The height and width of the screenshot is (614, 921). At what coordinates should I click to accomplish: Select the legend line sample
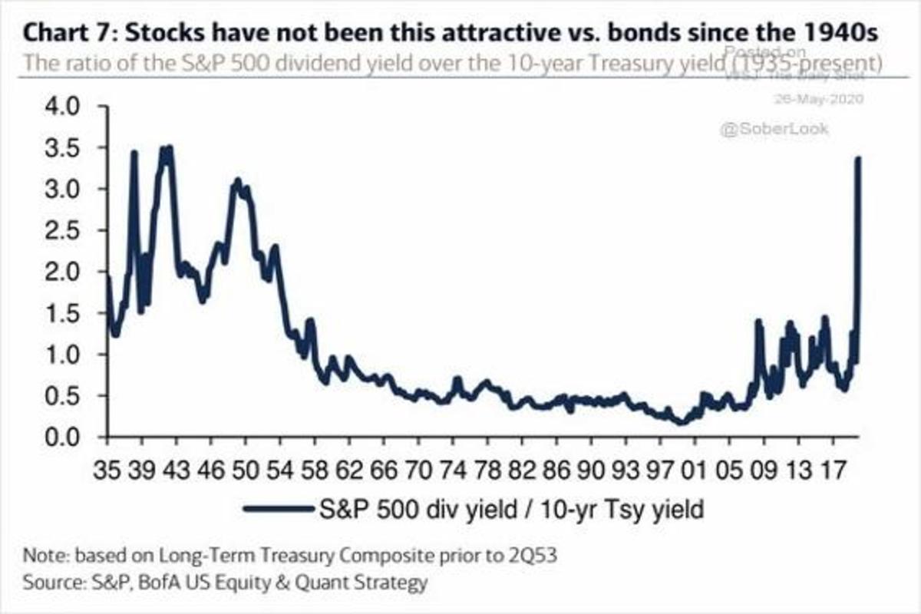tap(276, 509)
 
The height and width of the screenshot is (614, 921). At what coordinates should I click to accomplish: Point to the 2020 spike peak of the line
tap(858, 158)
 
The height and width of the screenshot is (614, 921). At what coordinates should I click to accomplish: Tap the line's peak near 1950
tap(237, 181)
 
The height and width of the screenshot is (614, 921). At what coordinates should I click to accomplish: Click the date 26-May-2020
tap(821, 99)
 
